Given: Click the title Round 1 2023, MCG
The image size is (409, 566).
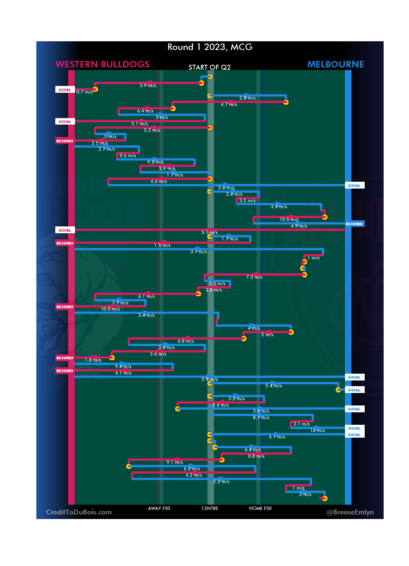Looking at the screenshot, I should [210, 47].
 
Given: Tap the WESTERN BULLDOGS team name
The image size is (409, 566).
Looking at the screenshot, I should [102, 64].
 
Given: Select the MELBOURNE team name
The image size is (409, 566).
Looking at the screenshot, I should [335, 64].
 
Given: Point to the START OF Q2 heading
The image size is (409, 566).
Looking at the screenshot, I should [209, 67].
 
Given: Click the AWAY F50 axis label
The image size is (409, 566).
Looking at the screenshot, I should [159, 508].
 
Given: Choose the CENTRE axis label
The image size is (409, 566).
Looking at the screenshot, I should [210, 508].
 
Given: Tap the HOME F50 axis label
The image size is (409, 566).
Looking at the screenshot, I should [260, 508].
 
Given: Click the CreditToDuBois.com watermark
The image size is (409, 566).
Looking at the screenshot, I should [79, 512].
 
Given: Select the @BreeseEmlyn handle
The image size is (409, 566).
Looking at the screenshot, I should [350, 512].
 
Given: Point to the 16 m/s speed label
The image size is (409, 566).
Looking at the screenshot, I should [317, 430].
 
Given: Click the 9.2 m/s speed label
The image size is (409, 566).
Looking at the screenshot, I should [155, 162].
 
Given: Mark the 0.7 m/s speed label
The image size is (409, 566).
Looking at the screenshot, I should [84, 92].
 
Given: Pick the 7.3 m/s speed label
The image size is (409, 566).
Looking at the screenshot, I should [254, 277].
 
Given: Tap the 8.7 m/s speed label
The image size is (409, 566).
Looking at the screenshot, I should [261, 418].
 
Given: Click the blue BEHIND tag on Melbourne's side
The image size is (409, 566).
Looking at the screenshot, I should [354, 224].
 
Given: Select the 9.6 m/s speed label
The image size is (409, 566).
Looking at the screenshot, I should [123, 366].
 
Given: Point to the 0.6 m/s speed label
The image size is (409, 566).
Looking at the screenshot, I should [128, 156].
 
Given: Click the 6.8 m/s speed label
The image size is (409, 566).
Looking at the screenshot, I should [186, 341].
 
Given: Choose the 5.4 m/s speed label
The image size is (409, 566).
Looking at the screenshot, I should [273, 386].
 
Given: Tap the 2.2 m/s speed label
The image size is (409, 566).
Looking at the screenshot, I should [221, 482].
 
